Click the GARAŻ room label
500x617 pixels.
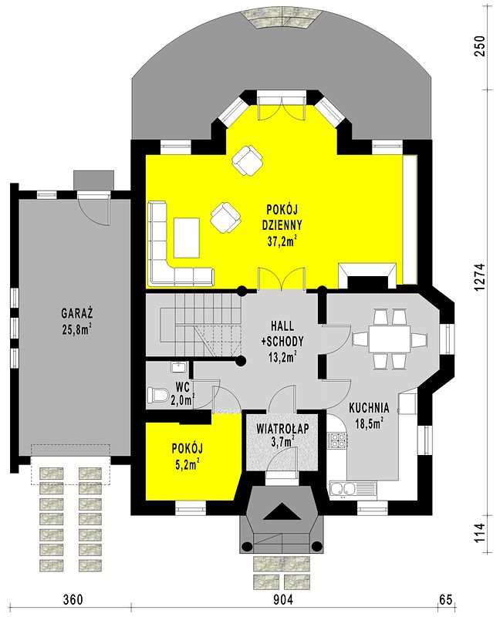[76, 314]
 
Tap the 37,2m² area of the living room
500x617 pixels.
[282, 241]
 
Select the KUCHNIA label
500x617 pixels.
[369, 408]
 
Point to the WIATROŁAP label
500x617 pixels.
[282, 429]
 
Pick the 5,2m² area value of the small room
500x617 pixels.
[186, 465]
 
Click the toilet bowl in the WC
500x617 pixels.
[158, 395]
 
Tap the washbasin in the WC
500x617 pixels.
[179, 368]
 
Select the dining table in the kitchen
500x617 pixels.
[389, 339]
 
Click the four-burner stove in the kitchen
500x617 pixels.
[337, 440]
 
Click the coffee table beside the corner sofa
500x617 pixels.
[187, 238]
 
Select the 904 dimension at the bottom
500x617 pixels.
[282, 600]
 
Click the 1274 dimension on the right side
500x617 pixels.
[480, 277]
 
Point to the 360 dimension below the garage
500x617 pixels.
[73, 600]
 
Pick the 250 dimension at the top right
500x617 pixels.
[480, 46]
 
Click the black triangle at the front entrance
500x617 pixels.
[282, 512]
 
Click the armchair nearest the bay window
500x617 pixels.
[248, 160]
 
